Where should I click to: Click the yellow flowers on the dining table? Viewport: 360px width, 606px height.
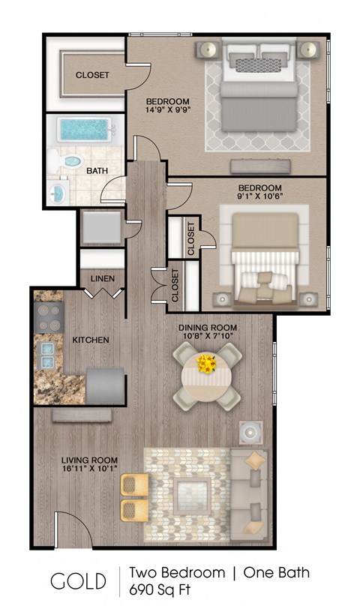pos(206,365)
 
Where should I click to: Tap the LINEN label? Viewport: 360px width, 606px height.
pos(103,279)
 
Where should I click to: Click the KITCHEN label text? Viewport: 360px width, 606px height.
pos(91,340)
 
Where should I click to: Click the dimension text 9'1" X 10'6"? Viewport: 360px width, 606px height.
pos(259,198)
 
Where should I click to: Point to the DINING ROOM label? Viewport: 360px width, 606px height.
pos(208,328)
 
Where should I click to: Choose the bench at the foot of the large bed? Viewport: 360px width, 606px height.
pos(252,165)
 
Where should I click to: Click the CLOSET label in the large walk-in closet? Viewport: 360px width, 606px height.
pos(92,75)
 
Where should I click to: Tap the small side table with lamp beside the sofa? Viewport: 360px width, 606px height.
pos(250,433)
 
